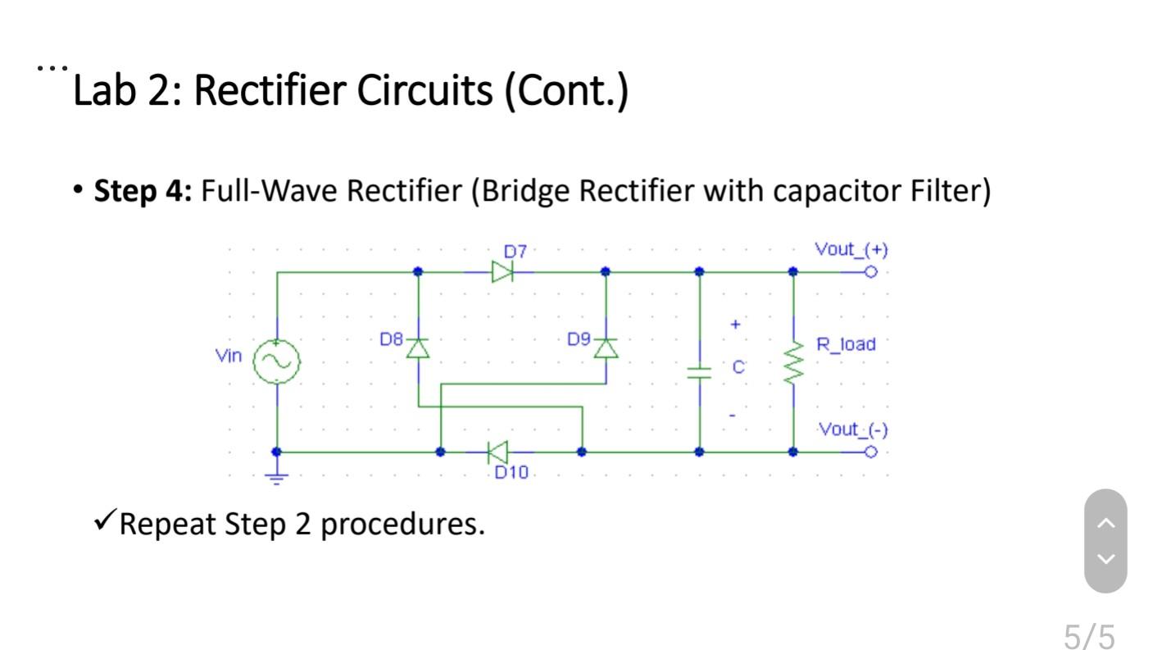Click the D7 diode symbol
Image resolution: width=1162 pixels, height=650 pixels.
pos(502,271)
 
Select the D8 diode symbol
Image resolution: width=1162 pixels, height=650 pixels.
pos(418,348)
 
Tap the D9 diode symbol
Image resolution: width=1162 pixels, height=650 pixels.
pos(606,348)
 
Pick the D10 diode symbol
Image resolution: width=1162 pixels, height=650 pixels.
pos(497,452)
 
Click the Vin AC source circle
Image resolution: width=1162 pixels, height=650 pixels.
pos(277,361)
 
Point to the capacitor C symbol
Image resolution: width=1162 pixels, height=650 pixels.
pos(699,373)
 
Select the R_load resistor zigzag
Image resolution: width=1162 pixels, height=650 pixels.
pos(793,365)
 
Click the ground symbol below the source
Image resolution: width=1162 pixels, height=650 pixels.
pos(278,476)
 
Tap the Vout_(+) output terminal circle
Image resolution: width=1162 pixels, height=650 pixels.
pos(871,271)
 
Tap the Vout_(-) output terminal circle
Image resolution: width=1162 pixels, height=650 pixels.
pos(871,452)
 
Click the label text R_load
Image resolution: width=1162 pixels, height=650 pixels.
pos(846,344)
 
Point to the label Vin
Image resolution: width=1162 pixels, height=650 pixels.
pos(229,356)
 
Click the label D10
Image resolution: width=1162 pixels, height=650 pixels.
pos(511,473)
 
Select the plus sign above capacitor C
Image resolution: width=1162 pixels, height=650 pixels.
pos(735,325)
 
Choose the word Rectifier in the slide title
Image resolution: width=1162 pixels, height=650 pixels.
pos(274,89)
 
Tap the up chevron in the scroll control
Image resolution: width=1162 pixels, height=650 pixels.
pos(1105,523)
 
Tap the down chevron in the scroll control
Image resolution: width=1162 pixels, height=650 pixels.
pos(1105,559)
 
